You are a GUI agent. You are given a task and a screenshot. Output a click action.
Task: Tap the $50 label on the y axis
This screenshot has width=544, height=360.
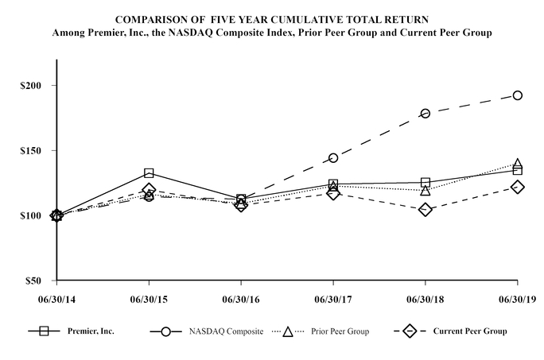31,281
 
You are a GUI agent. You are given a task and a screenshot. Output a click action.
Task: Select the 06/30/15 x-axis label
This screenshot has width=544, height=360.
149,300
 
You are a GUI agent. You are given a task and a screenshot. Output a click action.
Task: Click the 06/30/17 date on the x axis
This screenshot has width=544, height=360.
333,300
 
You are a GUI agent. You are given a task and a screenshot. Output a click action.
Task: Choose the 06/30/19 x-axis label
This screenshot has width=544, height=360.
518,300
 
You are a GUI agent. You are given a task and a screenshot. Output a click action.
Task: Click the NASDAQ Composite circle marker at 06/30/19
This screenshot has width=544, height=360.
518,95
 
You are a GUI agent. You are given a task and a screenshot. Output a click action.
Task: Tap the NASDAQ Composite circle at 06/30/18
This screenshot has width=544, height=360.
425,114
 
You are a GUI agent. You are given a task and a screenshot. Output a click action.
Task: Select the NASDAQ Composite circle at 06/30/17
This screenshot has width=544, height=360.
333,158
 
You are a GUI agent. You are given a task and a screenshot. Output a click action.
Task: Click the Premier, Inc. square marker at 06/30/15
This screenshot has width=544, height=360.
149,173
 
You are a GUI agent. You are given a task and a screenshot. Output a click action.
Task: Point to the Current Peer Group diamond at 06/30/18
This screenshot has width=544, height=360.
425,210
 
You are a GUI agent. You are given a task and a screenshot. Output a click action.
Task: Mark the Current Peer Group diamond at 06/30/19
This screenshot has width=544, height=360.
518,187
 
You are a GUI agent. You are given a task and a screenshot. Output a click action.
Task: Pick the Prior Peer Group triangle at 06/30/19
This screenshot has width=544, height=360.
518,164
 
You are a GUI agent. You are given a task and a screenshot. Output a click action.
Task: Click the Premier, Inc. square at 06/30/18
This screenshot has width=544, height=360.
425,183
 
